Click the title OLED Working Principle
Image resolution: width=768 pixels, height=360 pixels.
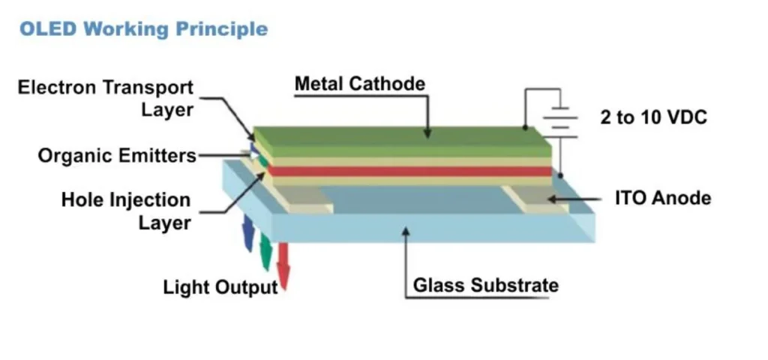(x=142, y=29)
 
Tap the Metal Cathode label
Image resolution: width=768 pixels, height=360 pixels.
(x=359, y=83)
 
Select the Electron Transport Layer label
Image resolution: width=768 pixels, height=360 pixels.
(x=106, y=98)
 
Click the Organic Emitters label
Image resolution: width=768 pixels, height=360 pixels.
(x=117, y=156)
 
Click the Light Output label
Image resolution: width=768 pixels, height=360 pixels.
(x=220, y=287)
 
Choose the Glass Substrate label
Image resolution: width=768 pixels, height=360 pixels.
(x=485, y=285)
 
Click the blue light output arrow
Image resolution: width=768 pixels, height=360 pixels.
(x=247, y=235)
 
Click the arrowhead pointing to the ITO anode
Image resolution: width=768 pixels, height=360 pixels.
(x=553, y=199)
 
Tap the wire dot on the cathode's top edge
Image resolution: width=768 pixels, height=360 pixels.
(x=525, y=127)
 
